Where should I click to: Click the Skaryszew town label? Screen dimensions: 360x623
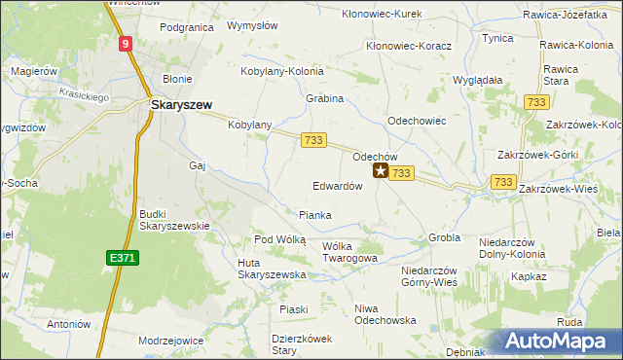tap(181, 104)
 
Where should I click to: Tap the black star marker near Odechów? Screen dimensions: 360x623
tap(380, 171)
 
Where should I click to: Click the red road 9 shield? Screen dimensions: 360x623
tap(127, 44)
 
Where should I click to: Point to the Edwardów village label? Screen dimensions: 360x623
tap(338, 186)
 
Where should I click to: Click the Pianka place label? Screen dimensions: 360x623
tap(315, 215)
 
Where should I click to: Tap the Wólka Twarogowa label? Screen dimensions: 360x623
tap(348, 253)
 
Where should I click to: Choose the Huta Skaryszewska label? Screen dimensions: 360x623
tap(272, 269)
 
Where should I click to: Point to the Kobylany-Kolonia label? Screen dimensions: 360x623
tap(289, 71)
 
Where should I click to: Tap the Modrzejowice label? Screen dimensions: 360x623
tap(170, 341)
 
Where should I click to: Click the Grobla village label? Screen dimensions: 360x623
tap(444, 237)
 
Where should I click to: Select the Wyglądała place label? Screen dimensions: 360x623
tap(478, 80)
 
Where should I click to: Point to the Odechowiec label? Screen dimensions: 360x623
tap(417, 121)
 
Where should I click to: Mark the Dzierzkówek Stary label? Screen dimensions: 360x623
tap(301, 343)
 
